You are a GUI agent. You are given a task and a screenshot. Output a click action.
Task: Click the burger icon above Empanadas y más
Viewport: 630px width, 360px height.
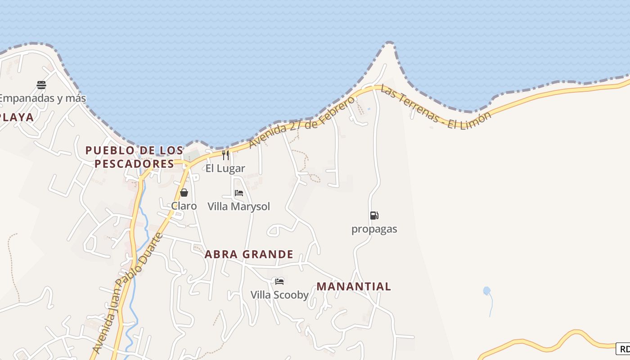pyautogui.click(x=41, y=85)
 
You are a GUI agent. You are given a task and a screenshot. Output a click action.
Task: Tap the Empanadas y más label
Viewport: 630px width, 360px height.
pyautogui.click(x=42, y=98)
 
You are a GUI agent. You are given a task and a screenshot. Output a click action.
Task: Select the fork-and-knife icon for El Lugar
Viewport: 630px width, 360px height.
pyautogui.click(x=225, y=155)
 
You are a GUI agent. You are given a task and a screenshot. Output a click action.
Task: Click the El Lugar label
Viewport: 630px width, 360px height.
pyautogui.click(x=225, y=169)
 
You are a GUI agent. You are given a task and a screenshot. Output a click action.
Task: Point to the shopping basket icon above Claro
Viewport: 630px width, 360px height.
pyautogui.click(x=184, y=193)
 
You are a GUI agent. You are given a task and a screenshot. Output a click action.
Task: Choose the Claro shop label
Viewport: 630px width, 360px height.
pyautogui.click(x=184, y=206)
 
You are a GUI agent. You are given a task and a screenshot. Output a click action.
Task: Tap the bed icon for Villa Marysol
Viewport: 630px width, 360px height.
pyautogui.click(x=239, y=193)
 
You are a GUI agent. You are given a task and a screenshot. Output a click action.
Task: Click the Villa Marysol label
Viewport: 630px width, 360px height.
pyautogui.click(x=239, y=207)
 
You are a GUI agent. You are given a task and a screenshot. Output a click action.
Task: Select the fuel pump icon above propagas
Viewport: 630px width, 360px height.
pyautogui.click(x=374, y=216)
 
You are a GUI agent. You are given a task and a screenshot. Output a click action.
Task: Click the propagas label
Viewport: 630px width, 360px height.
pyautogui.click(x=374, y=229)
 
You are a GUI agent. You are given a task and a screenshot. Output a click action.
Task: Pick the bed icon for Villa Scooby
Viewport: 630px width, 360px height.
pyautogui.click(x=279, y=282)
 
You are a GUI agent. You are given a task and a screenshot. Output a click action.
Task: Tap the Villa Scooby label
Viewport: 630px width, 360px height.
pyautogui.click(x=279, y=295)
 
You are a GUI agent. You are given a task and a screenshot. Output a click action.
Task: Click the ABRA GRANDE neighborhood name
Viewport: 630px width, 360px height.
pyautogui.click(x=249, y=254)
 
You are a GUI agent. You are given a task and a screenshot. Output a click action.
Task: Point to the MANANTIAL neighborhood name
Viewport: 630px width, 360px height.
pyautogui.click(x=354, y=286)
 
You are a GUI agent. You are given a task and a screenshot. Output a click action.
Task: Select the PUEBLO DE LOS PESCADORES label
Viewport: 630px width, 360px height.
pyautogui.click(x=135, y=157)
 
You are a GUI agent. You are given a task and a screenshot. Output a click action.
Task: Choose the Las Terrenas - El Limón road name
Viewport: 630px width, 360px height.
pyautogui.click(x=436, y=107)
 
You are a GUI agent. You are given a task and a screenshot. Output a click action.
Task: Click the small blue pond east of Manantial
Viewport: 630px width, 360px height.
pyautogui.click(x=486, y=291)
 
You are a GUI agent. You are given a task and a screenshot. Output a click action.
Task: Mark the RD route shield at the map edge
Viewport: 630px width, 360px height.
pyautogui.click(x=623, y=349)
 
